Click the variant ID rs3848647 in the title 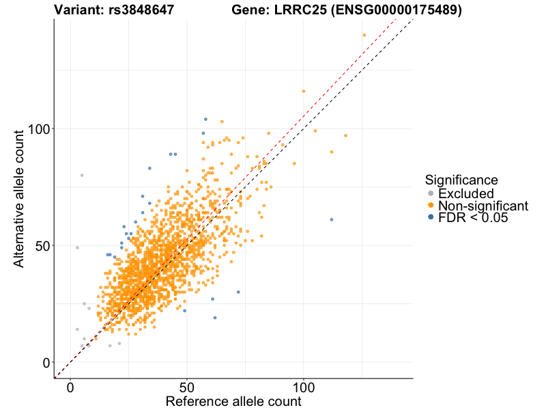click(141, 10)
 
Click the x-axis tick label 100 click(304, 387)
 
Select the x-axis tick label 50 click(187, 387)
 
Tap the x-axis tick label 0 click(70, 387)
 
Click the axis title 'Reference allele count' click(233, 402)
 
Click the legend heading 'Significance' click(461, 180)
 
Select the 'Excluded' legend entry click(465, 193)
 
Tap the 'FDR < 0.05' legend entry click(473, 218)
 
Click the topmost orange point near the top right click(364, 35)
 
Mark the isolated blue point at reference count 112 click(332, 219)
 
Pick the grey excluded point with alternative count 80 click(82, 175)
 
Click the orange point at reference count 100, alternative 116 click(304, 91)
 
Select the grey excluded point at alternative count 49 click(77, 247)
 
